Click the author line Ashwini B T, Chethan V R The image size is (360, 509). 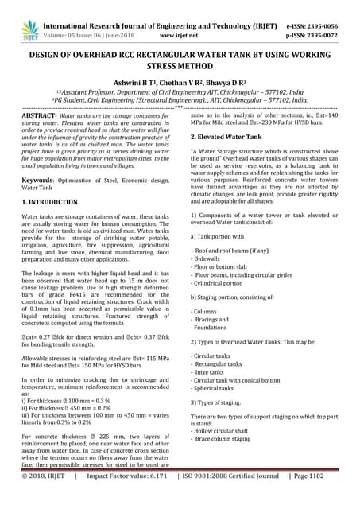click(180, 82)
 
